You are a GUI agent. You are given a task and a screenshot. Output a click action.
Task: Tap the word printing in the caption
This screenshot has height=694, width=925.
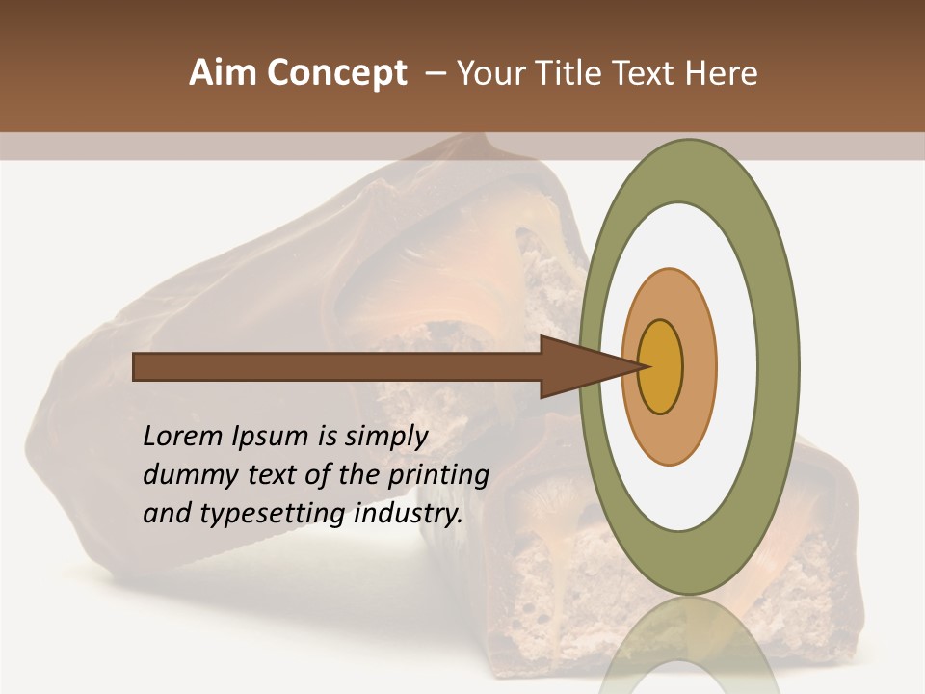click(439, 475)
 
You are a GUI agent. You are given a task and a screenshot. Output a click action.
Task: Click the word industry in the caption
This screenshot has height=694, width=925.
click(409, 514)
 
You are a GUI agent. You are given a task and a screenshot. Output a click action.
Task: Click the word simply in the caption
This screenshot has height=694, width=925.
click(385, 437)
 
